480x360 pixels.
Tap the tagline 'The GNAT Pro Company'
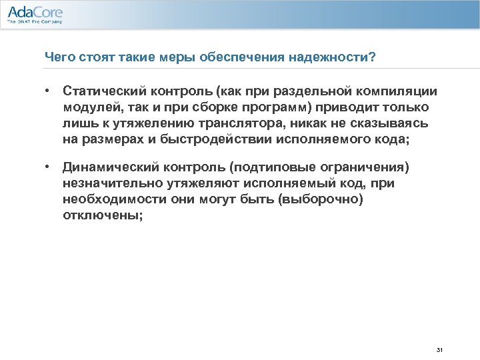35,22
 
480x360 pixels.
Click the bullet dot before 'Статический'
49,91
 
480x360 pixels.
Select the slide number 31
439,350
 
